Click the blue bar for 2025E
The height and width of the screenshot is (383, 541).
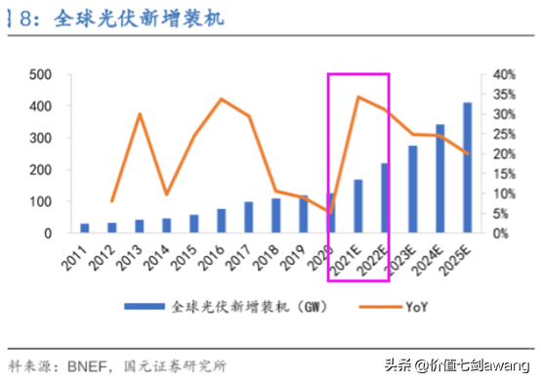(x=467, y=168)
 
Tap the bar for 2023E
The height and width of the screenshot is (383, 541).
(x=412, y=190)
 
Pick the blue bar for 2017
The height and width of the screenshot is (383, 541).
(x=249, y=218)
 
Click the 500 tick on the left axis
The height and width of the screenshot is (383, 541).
(x=40, y=74)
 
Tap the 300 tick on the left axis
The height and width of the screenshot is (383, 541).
(x=40, y=138)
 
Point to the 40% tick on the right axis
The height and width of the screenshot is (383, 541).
(x=503, y=74)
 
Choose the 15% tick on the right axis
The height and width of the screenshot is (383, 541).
(x=503, y=174)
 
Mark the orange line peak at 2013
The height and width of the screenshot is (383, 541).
(x=140, y=114)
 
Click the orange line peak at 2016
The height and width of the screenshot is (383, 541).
(x=222, y=99)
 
